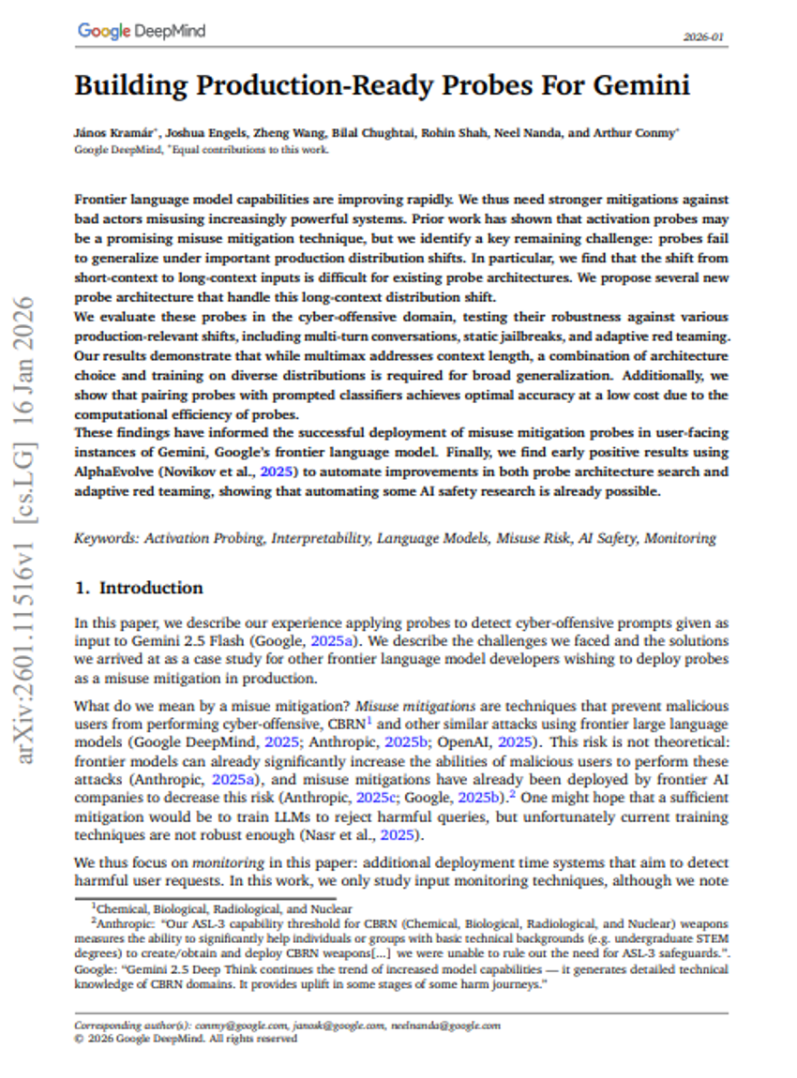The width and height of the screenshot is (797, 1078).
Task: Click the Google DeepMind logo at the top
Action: tap(141, 31)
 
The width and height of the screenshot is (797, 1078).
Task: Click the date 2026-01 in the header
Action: tap(706, 37)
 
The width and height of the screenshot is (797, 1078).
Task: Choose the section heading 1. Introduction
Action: tap(139, 588)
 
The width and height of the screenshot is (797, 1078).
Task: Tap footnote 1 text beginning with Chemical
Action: tap(224, 908)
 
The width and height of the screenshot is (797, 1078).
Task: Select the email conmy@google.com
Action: tap(244, 1026)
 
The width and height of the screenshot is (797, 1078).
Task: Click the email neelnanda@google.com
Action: tap(445, 1026)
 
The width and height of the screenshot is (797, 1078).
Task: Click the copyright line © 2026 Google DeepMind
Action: tap(186, 1039)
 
